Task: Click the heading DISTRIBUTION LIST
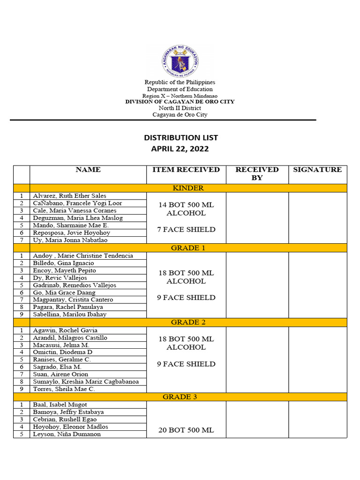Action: click(x=180, y=138)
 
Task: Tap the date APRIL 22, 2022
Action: click(x=180, y=149)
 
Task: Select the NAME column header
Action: click(x=88, y=170)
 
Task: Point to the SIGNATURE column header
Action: click(x=317, y=170)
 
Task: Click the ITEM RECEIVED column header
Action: click(x=186, y=170)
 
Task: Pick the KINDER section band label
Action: click(x=188, y=188)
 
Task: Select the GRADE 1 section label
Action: click(x=188, y=248)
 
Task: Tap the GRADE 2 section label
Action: click(x=188, y=322)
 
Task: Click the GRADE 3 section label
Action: click(x=188, y=397)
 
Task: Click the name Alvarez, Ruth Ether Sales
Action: click(x=69, y=196)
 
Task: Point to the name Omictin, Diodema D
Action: click(x=62, y=352)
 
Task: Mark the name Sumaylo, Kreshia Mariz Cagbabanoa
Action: click(x=86, y=382)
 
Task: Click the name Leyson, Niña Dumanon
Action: click(x=67, y=434)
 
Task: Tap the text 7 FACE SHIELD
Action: click(x=186, y=230)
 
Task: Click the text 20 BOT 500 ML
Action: click(x=186, y=430)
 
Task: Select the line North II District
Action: click(x=180, y=108)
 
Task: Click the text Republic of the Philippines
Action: click(x=180, y=82)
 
